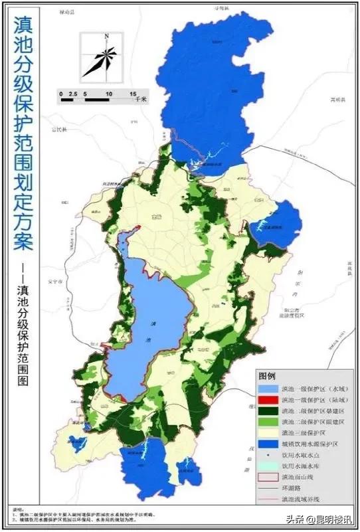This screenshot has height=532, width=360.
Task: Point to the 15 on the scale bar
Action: [133, 94]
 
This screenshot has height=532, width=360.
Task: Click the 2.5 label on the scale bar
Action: [74, 94]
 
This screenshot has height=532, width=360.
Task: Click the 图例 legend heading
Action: [267, 375]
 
